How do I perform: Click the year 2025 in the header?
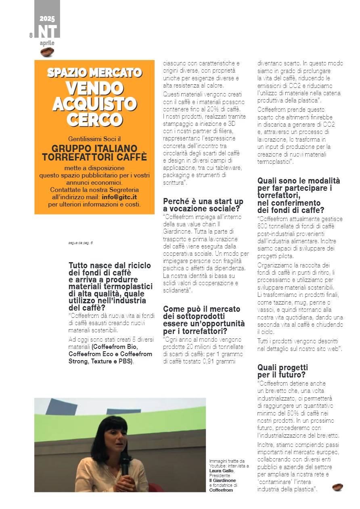[47, 19]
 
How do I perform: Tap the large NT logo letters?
[48, 31]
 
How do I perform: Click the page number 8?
[31, 35]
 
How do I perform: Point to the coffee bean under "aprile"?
[47, 52]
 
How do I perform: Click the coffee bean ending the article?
[337, 487]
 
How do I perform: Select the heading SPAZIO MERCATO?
[94, 73]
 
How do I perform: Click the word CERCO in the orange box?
[94, 119]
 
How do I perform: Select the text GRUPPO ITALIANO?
[94, 148]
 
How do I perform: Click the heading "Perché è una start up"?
[203, 200]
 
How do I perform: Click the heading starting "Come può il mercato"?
[202, 309]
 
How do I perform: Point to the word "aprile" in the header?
[47, 43]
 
